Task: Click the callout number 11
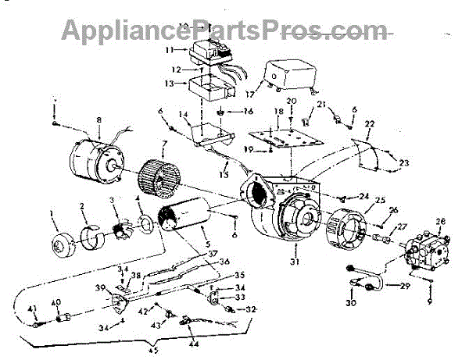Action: click(x=168, y=49)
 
